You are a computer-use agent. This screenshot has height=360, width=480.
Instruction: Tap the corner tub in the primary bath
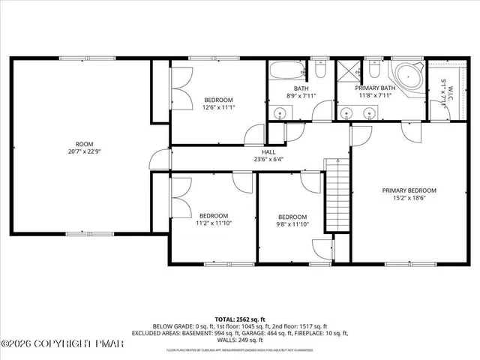(408, 77)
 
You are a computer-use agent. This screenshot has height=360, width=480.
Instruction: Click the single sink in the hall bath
(280, 113)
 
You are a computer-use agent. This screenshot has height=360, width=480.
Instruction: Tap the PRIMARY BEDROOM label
(409, 190)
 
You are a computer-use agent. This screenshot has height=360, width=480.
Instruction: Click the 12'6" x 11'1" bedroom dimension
(218, 108)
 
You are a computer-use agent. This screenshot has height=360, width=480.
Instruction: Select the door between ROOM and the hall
(157, 159)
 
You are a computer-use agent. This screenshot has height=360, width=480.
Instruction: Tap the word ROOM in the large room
(84, 144)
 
